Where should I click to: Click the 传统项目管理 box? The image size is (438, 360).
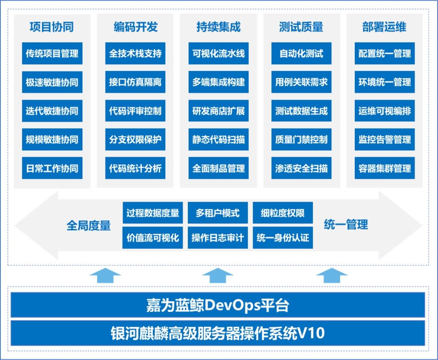pos(52,54)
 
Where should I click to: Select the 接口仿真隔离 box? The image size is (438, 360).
pos(135,82)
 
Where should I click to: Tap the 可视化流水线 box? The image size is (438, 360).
pos(218,54)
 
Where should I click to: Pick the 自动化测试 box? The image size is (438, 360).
pos(301,54)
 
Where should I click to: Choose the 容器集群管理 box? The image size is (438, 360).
pos(384,168)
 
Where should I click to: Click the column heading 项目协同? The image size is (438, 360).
pos(52,27)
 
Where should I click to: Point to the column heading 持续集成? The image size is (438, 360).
pos(218,27)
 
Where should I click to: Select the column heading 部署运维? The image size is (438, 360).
pos(384,27)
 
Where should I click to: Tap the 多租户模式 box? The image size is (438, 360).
pos(218,213)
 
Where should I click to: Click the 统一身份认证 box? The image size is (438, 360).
pos(283,238)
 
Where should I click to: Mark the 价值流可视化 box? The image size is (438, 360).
pos(153,238)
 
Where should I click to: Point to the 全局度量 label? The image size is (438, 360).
pos(89,225)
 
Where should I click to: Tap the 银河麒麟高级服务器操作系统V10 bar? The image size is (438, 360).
pos(218,333)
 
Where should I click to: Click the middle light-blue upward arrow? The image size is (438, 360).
pos(218,276)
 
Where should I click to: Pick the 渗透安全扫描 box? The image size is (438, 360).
pos(301,168)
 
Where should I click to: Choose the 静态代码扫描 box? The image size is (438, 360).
pos(218,139)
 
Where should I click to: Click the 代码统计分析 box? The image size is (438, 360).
pos(135,168)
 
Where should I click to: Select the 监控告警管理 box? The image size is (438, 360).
pos(384,139)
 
